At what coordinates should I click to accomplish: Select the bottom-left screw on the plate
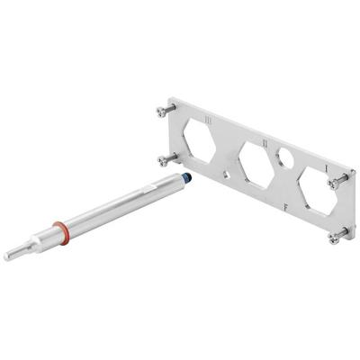[x=163, y=161]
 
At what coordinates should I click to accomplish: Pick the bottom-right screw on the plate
[x=336, y=238]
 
